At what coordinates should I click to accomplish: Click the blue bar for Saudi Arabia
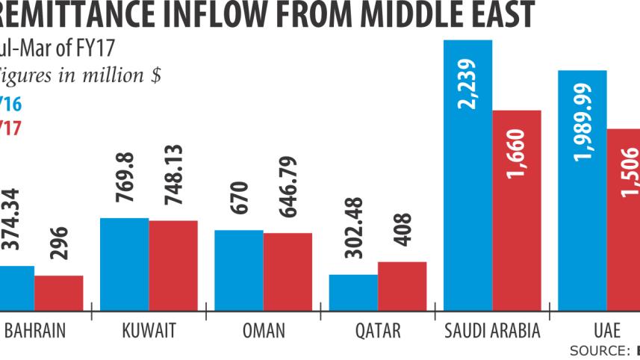point(468,209)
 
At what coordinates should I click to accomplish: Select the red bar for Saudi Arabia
point(517,224)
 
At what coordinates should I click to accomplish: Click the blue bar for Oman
point(239,270)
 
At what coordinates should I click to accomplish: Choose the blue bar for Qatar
point(353,292)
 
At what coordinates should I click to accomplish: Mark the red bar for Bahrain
point(59,293)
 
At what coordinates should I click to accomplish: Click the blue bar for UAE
point(582,209)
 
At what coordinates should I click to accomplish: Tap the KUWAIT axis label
point(148,329)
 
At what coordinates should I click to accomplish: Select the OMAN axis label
point(264,329)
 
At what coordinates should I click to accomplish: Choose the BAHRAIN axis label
point(34,329)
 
